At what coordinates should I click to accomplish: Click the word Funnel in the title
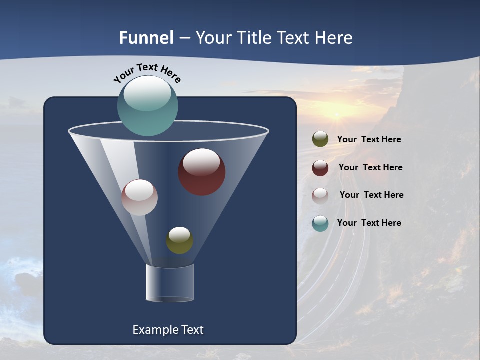point(146,38)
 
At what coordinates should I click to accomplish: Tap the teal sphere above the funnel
point(148,105)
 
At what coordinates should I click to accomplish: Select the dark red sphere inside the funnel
point(202,172)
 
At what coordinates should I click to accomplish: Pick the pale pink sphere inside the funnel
point(139,197)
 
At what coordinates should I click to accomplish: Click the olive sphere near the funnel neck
point(179,240)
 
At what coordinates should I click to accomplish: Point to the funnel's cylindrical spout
point(170,283)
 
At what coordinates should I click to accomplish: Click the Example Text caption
point(168,330)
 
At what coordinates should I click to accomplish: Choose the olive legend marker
point(320,139)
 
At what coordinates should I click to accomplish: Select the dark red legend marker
point(320,168)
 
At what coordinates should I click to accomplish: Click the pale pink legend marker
point(320,196)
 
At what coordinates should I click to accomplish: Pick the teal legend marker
point(320,223)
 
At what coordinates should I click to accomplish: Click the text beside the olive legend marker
point(369,140)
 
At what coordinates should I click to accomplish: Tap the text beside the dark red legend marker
point(370,167)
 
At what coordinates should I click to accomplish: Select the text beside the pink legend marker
point(371,195)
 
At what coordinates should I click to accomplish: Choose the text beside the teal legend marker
point(369,223)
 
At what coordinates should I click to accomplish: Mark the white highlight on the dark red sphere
point(201,162)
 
